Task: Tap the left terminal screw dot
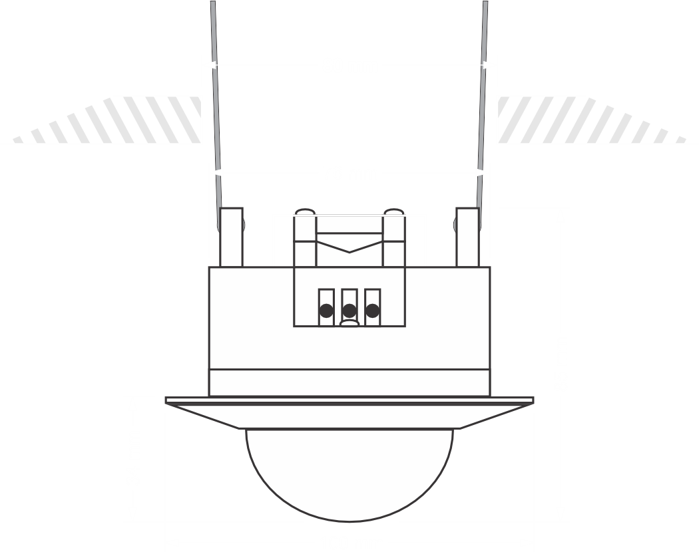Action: (326, 310)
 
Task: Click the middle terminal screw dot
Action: (349, 310)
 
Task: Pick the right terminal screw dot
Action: (373, 310)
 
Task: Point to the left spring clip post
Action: (232, 236)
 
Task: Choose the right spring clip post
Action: (467, 236)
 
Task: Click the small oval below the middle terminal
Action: (349, 324)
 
